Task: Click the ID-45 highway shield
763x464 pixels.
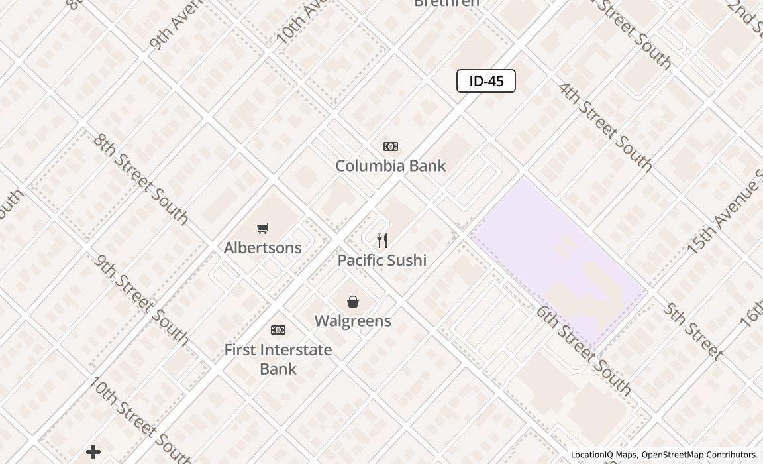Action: pyautogui.click(x=486, y=81)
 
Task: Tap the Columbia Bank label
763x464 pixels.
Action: pyautogui.click(x=390, y=166)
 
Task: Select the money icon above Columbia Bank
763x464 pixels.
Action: pyautogui.click(x=391, y=146)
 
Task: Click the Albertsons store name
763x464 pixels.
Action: pyautogui.click(x=263, y=247)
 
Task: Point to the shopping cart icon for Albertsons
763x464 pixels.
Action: pyautogui.click(x=263, y=229)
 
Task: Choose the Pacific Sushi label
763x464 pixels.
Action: pyautogui.click(x=382, y=260)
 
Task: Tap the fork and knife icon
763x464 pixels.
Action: pyautogui.click(x=382, y=240)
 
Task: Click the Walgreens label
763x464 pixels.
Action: pyautogui.click(x=352, y=321)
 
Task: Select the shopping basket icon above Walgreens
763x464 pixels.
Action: pyautogui.click(x=353, y=302)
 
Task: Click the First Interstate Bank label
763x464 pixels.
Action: pyautogui.click(x=278, y=359)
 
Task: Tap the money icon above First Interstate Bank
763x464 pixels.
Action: pyautogui.click(x=278, y=330)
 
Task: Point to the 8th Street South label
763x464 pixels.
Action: pyautogui.click(x=140, y=178)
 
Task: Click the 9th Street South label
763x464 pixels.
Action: pyautogui.click(x=141, y=299)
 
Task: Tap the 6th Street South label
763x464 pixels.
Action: pyautogui.click(x=583, y=350)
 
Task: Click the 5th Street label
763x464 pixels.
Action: pyautogui.click(x=692, y=331)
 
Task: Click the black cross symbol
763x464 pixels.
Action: pyautogui.click(x=93, y=452)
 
